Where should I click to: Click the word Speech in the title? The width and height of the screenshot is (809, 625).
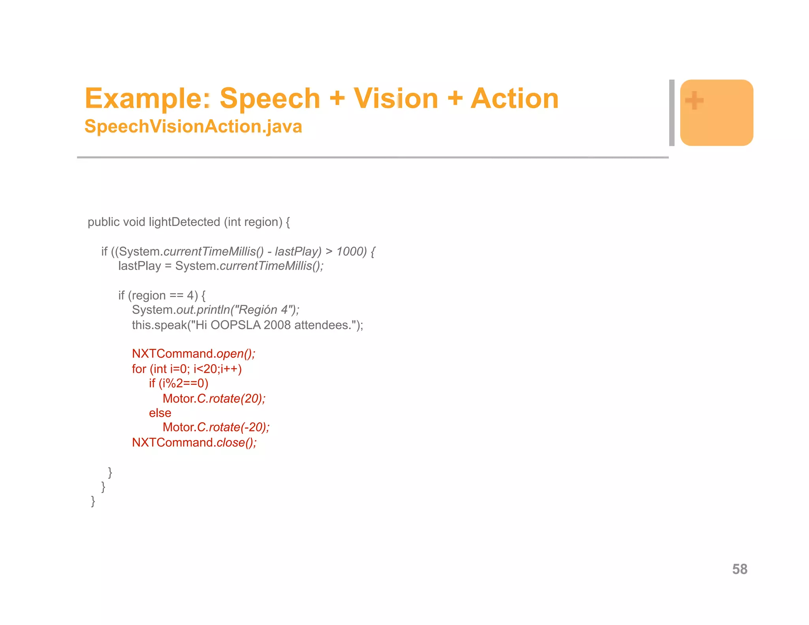[x=269, y=98]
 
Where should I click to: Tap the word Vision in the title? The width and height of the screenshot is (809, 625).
[x=395, y=98]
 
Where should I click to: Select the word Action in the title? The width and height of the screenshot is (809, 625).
[x=514, y=98]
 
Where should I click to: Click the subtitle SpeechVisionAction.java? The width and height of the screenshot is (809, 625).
[x=193, y=126]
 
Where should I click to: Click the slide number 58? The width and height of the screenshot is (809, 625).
[x=739, y=569]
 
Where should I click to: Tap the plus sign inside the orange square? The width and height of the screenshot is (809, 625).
[x=694, y=100]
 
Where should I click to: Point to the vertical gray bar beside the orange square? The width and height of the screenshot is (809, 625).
[x=672, y=113]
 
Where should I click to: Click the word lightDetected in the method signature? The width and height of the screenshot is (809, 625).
[x=184, y=222]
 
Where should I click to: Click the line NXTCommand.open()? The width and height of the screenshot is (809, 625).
[x=194, y=354]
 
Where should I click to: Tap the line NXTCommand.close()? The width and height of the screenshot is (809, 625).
[x=194, y=442]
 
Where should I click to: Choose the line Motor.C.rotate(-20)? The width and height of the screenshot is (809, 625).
[x=216, y=427]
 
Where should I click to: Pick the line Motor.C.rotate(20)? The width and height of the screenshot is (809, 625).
[x=214, y=399]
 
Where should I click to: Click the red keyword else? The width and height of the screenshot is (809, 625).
[x=160, y=413]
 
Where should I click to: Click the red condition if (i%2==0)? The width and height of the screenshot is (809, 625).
[x=179, y=383]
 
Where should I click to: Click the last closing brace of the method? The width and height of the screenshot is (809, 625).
[x=93, y=501]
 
